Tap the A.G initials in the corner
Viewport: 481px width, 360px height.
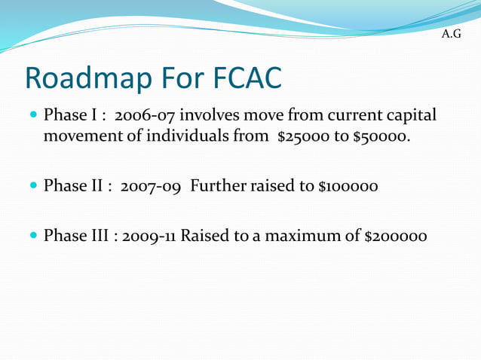click(451, 35)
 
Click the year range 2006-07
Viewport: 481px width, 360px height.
click(144, 117)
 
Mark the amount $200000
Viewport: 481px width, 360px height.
click(396, 236)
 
